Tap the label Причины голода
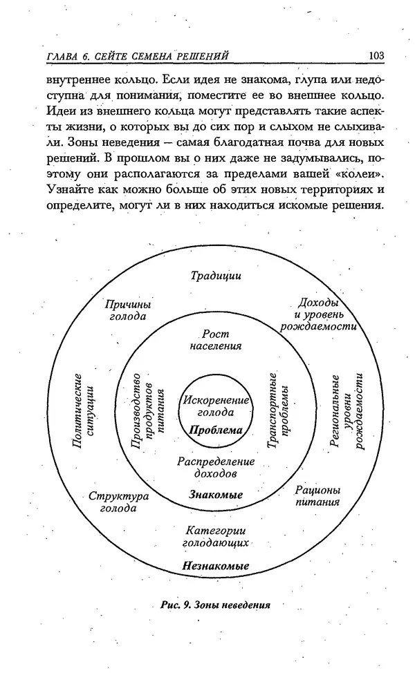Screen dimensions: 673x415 [128, 310]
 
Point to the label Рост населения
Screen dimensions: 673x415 [216, 340]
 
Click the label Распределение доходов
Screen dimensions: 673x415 [216, 467]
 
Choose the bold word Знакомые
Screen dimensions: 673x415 [216, 495]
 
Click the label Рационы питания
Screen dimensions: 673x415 [317, 495]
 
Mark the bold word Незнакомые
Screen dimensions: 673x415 [216, 566]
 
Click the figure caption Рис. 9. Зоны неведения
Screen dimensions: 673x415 [214, 605]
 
